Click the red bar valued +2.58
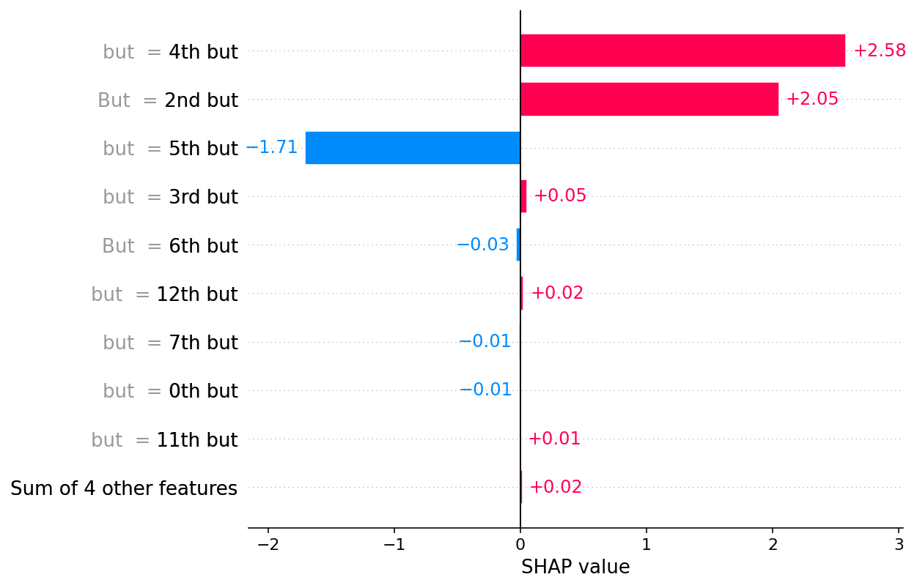(682, 51)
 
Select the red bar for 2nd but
(649, 99)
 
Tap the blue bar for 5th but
(413, 148)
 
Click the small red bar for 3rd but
(523, 196)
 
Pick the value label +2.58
(880, 51)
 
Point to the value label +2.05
(812, 100)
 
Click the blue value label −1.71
(272, 148)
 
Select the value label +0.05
(560, 196)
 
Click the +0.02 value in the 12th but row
(557, 294)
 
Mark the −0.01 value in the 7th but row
(485, 342)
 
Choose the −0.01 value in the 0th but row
(485, 390)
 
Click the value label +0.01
(554, 439)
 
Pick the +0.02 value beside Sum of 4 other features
(556, 488)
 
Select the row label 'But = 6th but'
(170, 247)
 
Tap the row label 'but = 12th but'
(165, 295)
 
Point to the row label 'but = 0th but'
(170, 392)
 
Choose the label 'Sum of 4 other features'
(124, 488)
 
